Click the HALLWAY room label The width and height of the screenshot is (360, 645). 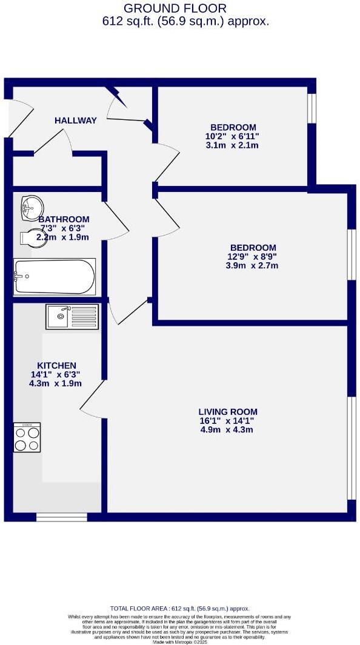click(76, 121)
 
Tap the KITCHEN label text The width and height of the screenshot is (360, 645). click(57, 365)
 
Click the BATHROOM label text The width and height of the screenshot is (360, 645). click(64, 219)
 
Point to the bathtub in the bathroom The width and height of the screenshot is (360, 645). click(55, 277)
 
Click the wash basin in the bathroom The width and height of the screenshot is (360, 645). click(30, 208)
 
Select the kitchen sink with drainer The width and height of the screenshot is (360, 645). click(72, 316)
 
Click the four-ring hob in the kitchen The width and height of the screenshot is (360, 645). click(27, 437)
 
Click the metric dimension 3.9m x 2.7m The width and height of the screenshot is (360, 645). click(252, 265)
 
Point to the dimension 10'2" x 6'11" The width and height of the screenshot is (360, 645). click(232, 136)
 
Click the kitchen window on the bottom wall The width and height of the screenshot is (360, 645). click(61, 517)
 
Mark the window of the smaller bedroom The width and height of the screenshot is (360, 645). click(312, 107)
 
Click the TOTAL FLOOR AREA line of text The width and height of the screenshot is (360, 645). click(179, 609)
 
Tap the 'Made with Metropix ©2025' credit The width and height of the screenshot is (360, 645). click(180, 641)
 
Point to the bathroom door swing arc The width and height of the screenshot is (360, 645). click(116, 219)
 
